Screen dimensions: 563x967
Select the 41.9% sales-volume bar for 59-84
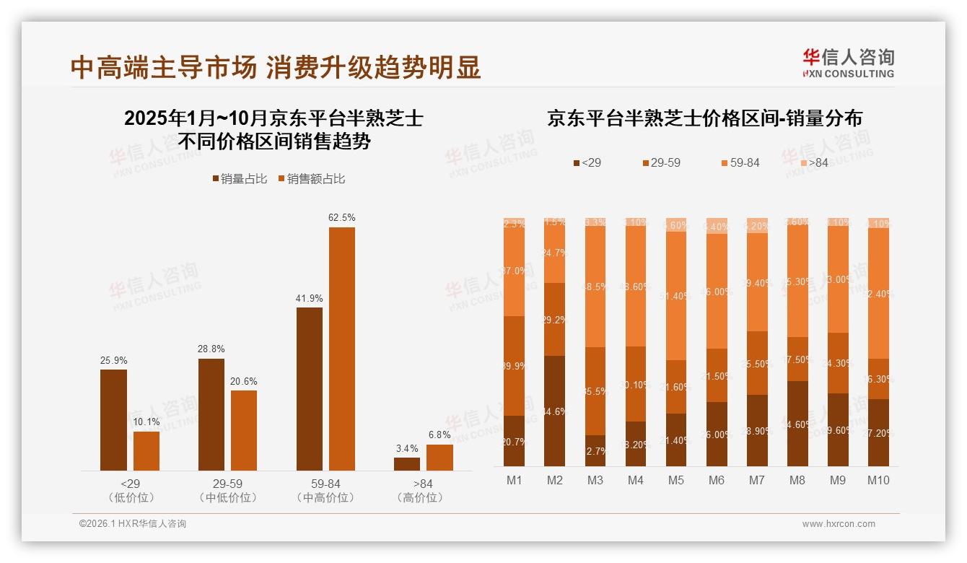click(310, 389)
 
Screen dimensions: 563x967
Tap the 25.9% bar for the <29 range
click(113, 420)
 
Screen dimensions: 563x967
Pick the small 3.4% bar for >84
click(407, 463)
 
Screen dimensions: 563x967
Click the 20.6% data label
click(244, 381)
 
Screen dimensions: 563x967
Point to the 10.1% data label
click(146, 422)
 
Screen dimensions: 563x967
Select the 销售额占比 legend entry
click(311, 179)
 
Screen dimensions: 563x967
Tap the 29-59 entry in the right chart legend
click(661, 163)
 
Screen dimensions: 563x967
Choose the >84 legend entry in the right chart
click(813, 163)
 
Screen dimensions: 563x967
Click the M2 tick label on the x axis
click(554, 480)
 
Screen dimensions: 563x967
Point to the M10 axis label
click(878, 480)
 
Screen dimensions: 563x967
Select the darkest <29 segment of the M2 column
click(554, 411)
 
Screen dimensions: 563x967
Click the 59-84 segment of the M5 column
click(675, 296)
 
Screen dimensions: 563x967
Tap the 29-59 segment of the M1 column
click(514, 366)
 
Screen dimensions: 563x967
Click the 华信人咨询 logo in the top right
click(848, 64)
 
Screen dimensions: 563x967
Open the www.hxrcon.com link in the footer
click(839, 524)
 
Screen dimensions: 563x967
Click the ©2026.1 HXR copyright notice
click(133, 524)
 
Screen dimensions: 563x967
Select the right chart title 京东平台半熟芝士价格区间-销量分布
click(704, 118)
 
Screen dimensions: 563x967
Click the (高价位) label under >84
click(420, 497)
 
